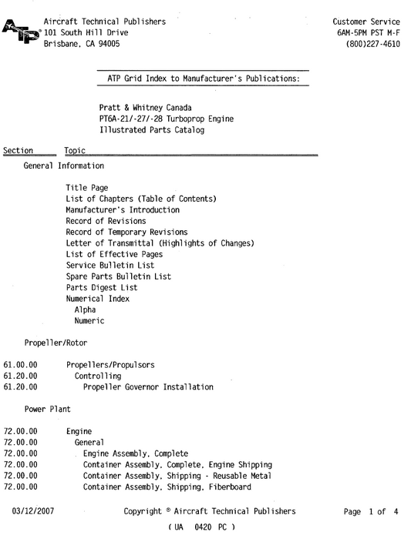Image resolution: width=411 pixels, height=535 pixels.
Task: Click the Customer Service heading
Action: tap(366, 22)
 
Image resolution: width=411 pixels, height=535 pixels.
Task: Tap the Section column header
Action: tap(19, 151)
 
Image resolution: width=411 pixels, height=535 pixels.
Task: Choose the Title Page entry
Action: tap(86, 188)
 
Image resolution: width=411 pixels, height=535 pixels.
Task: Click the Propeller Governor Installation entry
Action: tap(148, 387)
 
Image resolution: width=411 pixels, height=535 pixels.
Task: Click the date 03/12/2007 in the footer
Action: tap(33, 511)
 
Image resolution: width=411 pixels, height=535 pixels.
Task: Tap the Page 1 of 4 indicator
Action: tap(372, 511)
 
